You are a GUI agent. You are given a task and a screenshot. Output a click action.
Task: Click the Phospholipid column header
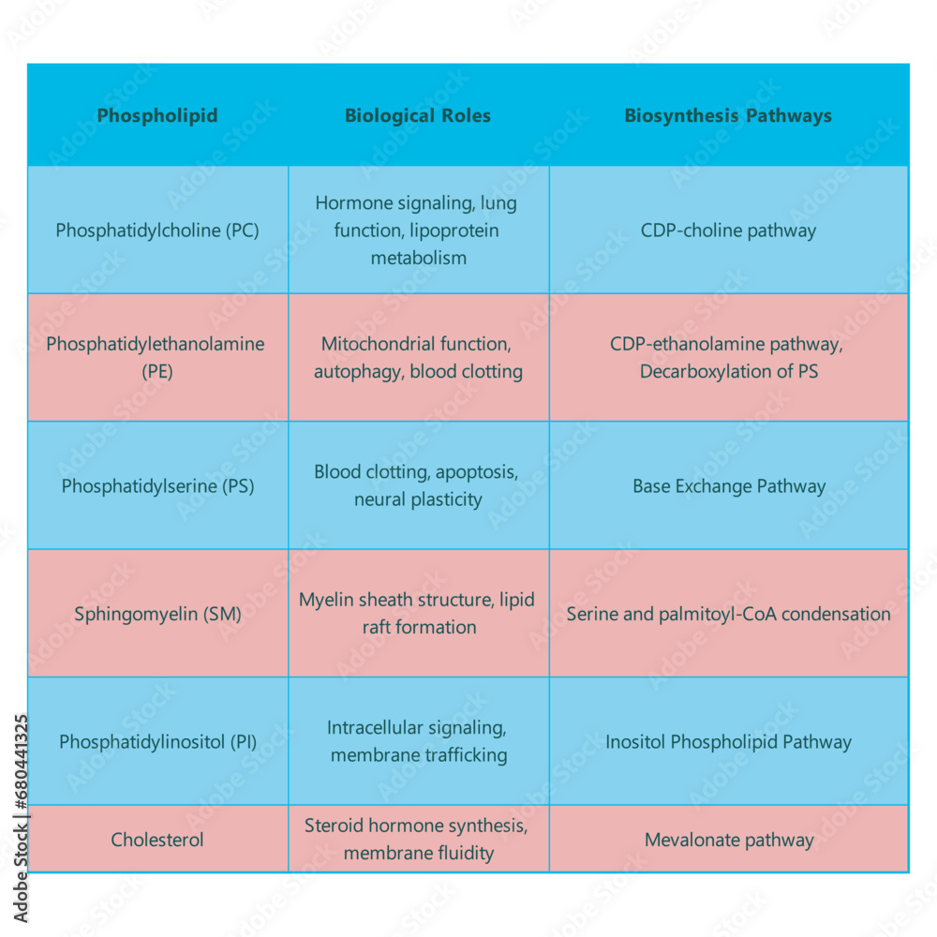pos(157,116)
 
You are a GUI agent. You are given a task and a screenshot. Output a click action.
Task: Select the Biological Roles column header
pos(418,116)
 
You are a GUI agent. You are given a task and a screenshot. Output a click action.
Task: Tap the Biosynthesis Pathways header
pos(728,116)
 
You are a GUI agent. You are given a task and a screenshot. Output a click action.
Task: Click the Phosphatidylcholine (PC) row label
pos(157,231)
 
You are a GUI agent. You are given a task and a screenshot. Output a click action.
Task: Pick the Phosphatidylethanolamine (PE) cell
pos(156,357)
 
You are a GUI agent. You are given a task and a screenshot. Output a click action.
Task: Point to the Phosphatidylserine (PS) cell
pos(157,486)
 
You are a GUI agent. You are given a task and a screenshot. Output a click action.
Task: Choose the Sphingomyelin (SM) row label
pos(157,615)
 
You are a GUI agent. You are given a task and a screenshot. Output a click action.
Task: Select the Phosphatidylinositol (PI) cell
pos(157,742)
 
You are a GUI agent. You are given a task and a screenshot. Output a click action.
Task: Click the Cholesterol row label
pos(157,840)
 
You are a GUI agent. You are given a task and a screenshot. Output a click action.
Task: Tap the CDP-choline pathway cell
pos(728,231)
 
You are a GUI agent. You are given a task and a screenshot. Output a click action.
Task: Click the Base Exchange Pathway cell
pos(728,486)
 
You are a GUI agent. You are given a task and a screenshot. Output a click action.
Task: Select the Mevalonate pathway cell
pos(728,840)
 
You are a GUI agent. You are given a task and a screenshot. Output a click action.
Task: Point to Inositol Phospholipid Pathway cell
pos(728,742)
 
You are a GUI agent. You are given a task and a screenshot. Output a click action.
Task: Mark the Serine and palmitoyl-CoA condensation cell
pos(728,615)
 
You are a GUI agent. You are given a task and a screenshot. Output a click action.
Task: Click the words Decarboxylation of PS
pos(728,372)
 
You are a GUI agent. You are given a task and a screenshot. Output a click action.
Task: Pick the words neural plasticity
pos(418,499)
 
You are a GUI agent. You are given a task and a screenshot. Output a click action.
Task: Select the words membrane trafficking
pos(418,755)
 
